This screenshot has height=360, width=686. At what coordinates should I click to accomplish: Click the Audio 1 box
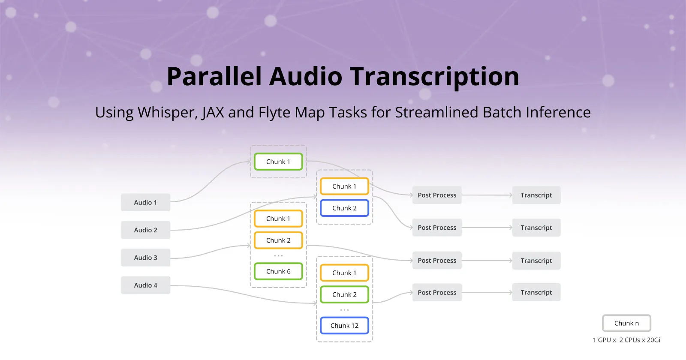coord(145,202)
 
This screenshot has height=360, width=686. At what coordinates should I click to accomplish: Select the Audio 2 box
coord(145,230)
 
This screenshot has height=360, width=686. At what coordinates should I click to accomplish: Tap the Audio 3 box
coord(145,258)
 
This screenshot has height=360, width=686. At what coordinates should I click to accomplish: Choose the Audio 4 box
coord(145,285)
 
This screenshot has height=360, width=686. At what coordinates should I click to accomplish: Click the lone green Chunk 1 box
coord(278,162)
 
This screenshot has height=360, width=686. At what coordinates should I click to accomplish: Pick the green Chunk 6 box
coord(278,271)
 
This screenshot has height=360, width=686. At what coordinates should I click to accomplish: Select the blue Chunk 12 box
coord(344,326)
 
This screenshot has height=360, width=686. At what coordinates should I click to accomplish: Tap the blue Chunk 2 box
coord(344,208)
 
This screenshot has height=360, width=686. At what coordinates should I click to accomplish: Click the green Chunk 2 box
coord(344,295)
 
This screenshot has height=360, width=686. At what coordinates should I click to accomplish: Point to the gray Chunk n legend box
coord(626,324)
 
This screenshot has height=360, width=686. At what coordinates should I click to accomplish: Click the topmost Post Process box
coord(437,195)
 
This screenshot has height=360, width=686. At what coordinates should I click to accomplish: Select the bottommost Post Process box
coord(437,293)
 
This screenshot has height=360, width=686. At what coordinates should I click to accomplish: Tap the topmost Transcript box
coord(536,195)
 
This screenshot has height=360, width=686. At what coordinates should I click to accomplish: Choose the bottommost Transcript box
coord(536,293)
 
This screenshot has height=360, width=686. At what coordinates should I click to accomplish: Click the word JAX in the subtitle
coord(213,113)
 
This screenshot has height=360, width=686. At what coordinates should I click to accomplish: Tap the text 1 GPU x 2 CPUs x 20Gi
coord(626,340)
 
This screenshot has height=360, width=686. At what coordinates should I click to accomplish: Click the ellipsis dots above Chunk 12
coord(344,310)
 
